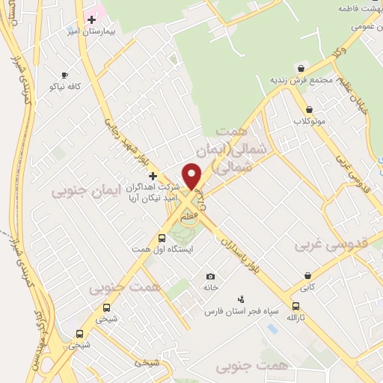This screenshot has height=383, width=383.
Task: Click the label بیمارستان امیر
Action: tap(91, 31)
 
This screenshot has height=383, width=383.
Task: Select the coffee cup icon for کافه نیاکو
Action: tap(64, 76)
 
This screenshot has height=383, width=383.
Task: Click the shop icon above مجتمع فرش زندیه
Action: tap(301, 68)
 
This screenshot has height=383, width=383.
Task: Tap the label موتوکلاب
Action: tap(308, 121)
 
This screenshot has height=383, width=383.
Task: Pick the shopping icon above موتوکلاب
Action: tap(307, 109)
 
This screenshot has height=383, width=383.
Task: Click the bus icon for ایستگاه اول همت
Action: tap(162, 238)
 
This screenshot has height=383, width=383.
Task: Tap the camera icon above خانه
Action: tap(210, 276)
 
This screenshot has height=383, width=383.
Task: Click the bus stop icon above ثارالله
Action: tap(295, 306)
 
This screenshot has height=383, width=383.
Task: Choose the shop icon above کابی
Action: tap(307, 275)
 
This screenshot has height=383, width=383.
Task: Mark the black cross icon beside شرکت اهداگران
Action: tap(153, 176)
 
